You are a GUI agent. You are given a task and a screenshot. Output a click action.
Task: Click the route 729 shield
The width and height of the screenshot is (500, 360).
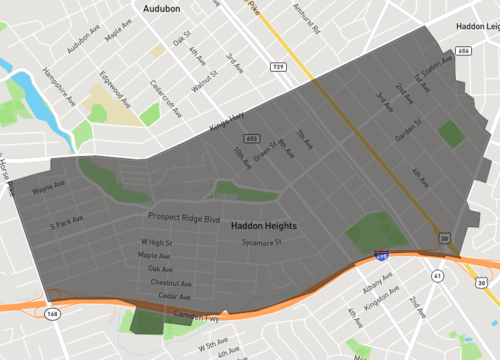[279, 65]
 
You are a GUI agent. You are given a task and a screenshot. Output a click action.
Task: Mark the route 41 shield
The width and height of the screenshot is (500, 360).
[436, 275]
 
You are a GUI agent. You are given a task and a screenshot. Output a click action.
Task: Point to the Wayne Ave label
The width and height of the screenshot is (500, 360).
[48, 188]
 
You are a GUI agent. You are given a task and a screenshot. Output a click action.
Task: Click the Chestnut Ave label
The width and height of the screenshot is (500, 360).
[168, 283]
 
